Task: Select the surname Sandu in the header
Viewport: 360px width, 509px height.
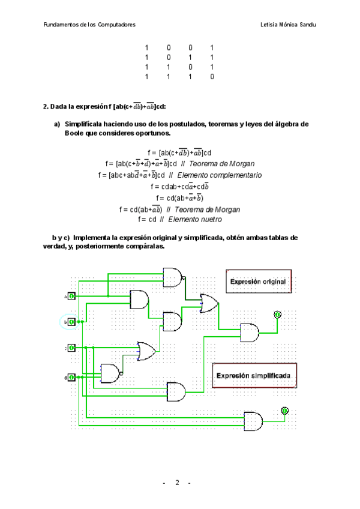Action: [307, 25]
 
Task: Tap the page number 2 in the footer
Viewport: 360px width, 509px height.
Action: [177, 483]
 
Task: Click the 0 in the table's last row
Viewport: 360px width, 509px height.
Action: [212, 77]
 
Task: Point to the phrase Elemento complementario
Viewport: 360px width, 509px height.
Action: [220, 175]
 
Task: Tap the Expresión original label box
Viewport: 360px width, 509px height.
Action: [259, 280]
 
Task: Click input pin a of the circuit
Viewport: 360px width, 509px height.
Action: [71, 297]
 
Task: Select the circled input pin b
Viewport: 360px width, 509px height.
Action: [71, 322]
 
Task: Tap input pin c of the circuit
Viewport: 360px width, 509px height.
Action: [71, 348]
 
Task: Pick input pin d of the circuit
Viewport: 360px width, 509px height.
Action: [71, 377]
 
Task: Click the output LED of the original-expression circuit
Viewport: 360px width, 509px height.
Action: [277, 315]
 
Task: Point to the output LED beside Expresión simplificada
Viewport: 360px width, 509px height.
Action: [285, 411]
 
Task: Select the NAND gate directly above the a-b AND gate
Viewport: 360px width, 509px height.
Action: [173, 277]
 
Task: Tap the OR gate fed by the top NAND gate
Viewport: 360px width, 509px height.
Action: [209, 303]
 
